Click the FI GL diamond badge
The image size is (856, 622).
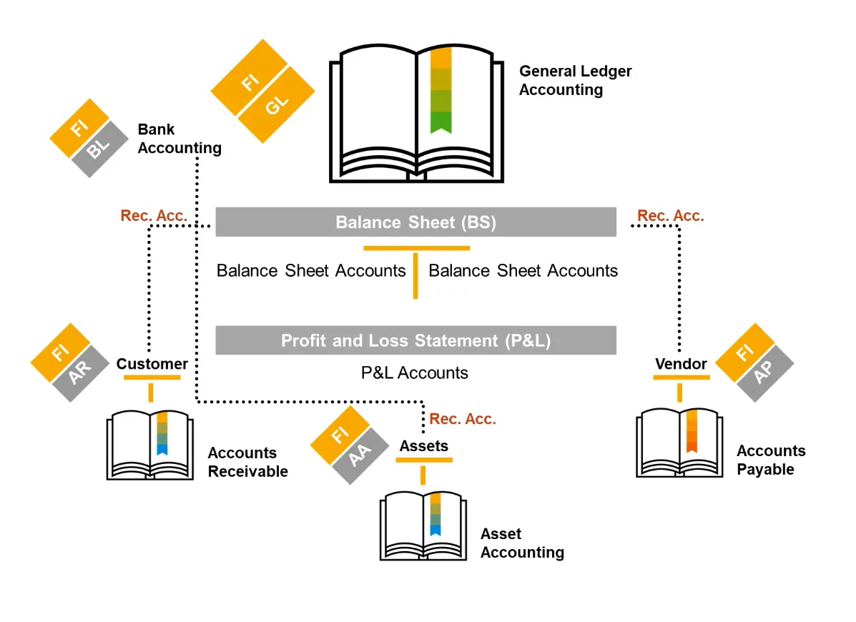[263, 91]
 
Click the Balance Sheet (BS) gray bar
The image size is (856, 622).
[415, 222]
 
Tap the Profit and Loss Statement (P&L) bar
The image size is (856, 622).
[415, 340]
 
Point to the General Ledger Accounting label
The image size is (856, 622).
[575, 80]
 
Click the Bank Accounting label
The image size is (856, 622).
[179, 139]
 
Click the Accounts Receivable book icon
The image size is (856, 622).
[150, 445]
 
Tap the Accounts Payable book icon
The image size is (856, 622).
[679, 443]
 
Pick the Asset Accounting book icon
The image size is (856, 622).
[423, 525]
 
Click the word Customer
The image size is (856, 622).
[152, 364]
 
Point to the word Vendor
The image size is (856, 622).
[680, 364]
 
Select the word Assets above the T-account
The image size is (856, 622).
[423, 446]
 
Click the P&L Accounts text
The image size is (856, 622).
[415, 372]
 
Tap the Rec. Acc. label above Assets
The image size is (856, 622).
[462, 419]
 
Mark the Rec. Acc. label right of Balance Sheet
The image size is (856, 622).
[670, 216]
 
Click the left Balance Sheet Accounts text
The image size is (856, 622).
[311, 271]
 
